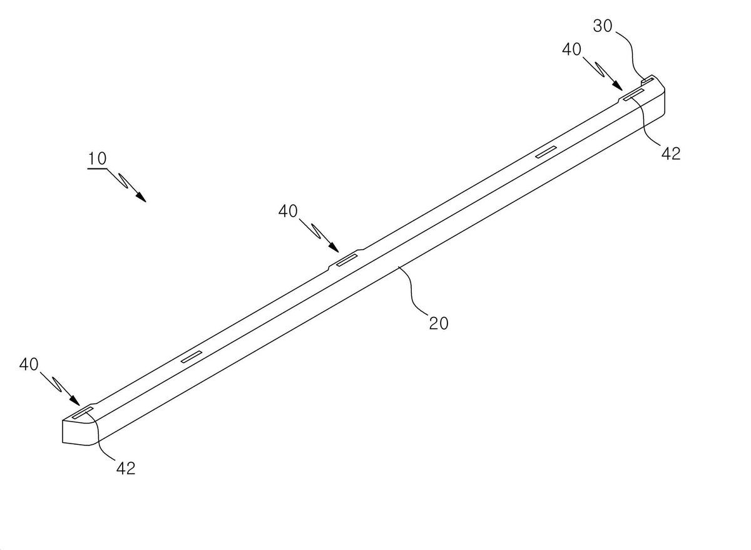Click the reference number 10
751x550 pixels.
97,158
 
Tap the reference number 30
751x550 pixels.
603,26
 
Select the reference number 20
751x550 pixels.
439,323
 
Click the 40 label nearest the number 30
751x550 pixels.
571,49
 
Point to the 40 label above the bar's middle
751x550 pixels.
288,210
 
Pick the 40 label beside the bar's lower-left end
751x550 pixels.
29,364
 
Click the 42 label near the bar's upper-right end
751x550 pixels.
671,153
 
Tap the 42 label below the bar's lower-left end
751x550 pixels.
126,468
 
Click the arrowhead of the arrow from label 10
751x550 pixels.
141,197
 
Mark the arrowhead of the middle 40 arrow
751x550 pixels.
334,247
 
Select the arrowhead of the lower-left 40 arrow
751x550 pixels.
74,400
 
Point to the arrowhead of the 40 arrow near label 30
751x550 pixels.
617,86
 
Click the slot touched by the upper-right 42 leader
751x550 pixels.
633,95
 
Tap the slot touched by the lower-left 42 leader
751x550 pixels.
83,412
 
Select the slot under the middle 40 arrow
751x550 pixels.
347,260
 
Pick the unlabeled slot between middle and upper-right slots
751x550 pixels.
546,152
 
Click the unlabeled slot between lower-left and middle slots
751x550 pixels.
192,356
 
